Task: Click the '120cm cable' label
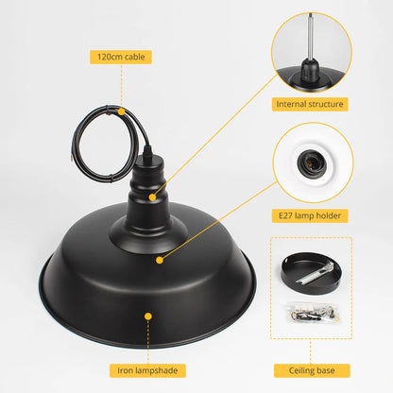[x=121, y=57]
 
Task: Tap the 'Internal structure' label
[x=311, y=104]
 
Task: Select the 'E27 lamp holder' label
[x=311, y=216]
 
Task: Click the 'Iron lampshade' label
[x=146, y=370]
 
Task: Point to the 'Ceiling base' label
[x=311, y=370]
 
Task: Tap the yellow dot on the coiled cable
[x=121, y=111]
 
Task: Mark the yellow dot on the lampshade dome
[x=158, y=257]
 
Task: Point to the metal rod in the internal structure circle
[x=311, y=27]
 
